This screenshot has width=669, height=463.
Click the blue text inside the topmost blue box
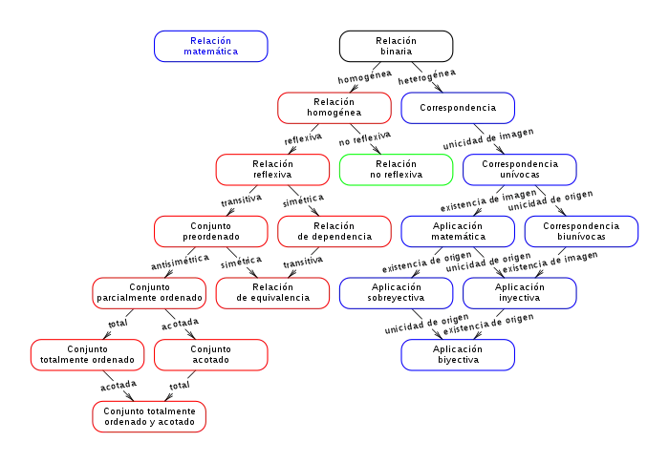pyautogui.click(x=211, y=46)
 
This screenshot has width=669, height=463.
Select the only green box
pyautogui.click(x=396, y=170)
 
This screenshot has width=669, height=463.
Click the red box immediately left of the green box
pyautogui.click(x=273, y=170)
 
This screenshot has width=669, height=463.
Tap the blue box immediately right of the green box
pyautogui.click(x=520, y=170)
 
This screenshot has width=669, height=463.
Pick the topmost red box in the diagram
pyautogui.click(x=334, y=109)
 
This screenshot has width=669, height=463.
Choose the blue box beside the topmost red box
pyautogui.click(x=459, y=109)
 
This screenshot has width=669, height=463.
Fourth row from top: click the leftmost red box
pyautogui.click(x=210, y=232)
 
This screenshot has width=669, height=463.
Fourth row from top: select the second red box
pyautogui.click(x=334, y=232)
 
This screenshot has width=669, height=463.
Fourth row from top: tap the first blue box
pyautogui.click(x=458, y=232)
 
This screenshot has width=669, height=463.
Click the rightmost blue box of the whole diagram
pyautogui.click(x=581, y=232)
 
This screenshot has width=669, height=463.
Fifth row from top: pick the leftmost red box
pyautogui.click(x=149, y=293)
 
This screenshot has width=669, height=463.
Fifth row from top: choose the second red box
pyautogui.click(x=273, y=293)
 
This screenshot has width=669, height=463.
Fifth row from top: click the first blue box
pyautogui.click(x=396, y=293)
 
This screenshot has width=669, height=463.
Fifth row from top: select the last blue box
pyautogui.click(x=520, y=293)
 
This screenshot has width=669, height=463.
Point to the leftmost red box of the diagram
pyautogui.click(x=87, y=354)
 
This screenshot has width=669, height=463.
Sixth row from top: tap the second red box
pyautogui.click(x=210, y=354)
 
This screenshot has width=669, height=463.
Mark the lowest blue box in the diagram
pyautogui.click(x=459, y=354)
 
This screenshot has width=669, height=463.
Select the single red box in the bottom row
pyautogui.click(x=149, y=416)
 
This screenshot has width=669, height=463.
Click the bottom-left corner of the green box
pyautogui.click(x=340, y=186)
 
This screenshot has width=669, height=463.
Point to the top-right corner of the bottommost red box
pyautogui.click(x=205, y=401)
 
